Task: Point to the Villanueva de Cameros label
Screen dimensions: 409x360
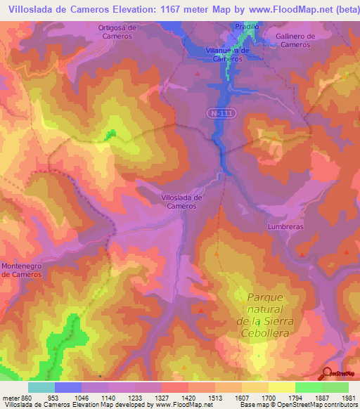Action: (x=228, y=55)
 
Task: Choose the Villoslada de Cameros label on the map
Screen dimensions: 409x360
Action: (x=182, y=202)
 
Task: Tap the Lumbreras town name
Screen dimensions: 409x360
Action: (x=284, y=227)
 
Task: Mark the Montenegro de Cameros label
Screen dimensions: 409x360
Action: (x=22, y=270)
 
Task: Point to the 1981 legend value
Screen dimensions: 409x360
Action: (x=348, y=397)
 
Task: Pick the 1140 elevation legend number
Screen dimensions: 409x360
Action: (x=109, y=397)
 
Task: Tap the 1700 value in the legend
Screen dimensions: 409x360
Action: (x=268, y=397)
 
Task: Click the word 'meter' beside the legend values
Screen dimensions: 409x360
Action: (x=11, y=397)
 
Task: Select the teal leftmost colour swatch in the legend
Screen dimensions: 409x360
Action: (x=41, y=387)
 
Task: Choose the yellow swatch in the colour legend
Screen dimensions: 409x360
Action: (x=281, y=387)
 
